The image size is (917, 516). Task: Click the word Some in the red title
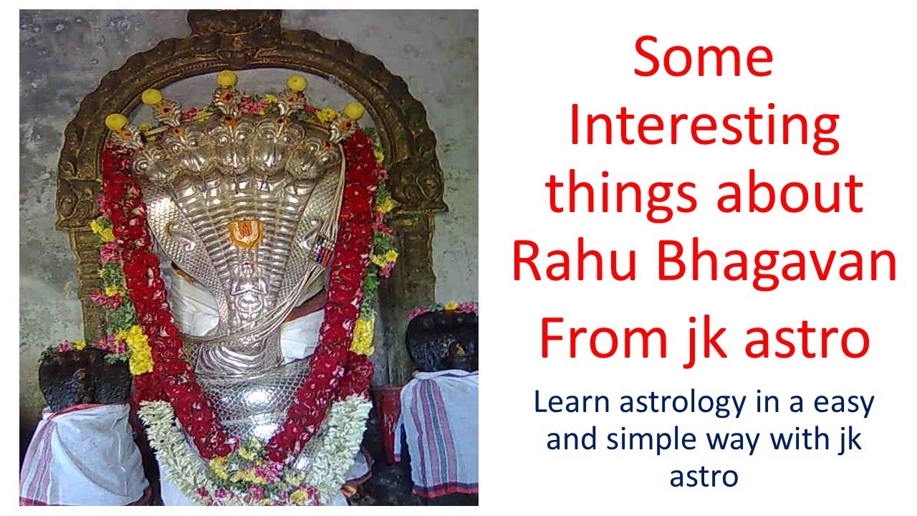[x=703, y=59]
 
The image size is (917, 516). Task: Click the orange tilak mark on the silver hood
[x=244, y=231]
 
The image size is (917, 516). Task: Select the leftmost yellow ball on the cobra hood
[x=116, y=122]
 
